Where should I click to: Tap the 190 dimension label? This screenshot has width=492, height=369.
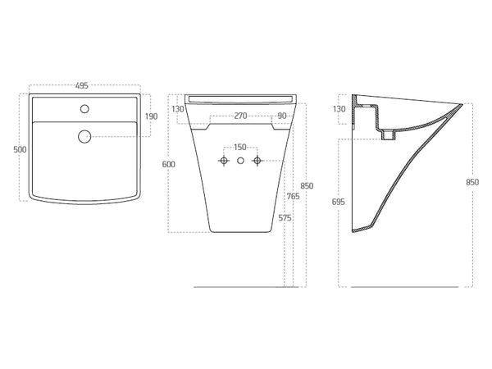pyautogui.click(x=152, y=116)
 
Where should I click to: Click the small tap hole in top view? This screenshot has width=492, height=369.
pyautogui.click(x=84, y=108)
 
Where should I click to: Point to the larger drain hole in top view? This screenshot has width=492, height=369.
pyautogui.click(x=84, y=136)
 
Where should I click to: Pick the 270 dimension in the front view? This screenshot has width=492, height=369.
pyautogui.click(x=239, y=116)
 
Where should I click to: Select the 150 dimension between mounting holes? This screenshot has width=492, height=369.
pyautogui.click(x=239, y=148)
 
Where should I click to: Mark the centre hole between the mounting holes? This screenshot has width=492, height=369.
pyautogui.click(x=239, y=160)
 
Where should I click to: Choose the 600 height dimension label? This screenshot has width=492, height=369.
pyautogui.click(x=168, y=165)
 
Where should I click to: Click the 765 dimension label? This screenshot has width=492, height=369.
pyautogui.click(x=293, y=197)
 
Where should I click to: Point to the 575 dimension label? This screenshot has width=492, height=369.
pyautogui.click(x=284, y=217)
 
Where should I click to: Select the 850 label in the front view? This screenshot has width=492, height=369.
pyautogui.click(x=306, y=185)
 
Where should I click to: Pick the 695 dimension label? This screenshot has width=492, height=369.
pyautogui.click(x=339, y=201)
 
